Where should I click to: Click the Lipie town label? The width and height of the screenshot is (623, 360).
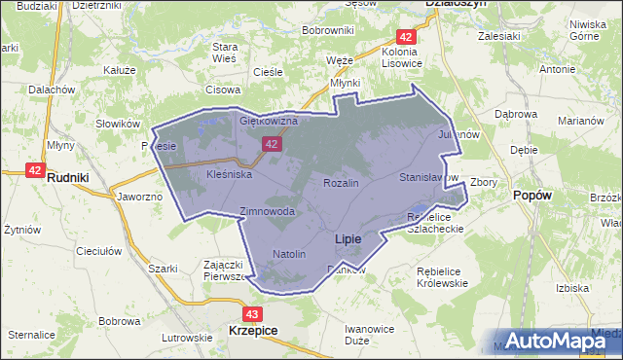(348, 238)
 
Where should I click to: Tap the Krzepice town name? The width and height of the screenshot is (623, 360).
(253, 331)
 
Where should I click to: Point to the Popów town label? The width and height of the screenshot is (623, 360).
(532, 195)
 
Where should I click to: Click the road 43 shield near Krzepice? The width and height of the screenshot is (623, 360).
(252, 314)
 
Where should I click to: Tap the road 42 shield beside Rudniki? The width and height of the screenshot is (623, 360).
(35, 169)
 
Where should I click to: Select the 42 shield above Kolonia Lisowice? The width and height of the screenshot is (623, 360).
(408, 36)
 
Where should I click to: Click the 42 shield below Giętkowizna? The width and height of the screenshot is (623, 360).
(272, 144)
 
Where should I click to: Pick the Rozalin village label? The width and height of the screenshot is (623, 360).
(341, 183)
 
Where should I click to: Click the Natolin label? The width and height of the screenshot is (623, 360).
(289, 254)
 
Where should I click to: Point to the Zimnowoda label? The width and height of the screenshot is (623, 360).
(267, 211)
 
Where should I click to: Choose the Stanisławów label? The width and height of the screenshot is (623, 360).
(428, 178)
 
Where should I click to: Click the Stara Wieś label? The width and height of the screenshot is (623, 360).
(226, 53)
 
